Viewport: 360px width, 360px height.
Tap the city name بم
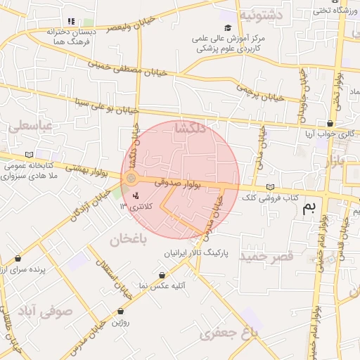click(x=309, y=207)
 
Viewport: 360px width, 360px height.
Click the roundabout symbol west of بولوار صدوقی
click(x=131, y=179)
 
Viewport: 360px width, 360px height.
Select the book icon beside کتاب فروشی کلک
click(x=271, y=187)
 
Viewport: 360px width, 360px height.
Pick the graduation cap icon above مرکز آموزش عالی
click(x=227, y=27)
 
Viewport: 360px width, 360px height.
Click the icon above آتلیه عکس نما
click(x=163, y=275)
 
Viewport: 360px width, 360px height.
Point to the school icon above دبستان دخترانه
click(x=70, y=21)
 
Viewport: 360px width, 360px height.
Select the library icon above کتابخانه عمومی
click(x=29, y=155)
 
